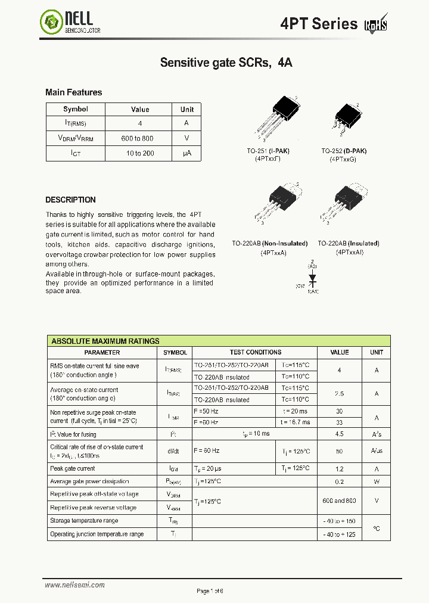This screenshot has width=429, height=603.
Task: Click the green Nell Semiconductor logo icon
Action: tap(51, 23)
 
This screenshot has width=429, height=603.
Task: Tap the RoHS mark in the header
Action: tap(376, 24)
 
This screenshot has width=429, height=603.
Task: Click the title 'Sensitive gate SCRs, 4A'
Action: tap(226, 62)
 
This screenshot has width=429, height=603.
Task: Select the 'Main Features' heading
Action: tap(73, 92)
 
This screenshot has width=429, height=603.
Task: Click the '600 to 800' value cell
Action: tap(137, 138)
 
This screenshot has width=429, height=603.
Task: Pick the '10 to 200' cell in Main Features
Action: tap(139, 153)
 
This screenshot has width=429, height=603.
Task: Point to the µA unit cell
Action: tap(186, 153)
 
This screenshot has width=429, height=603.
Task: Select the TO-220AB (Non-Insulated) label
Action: tap(270, 243)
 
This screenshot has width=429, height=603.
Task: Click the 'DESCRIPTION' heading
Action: tap(70, 200)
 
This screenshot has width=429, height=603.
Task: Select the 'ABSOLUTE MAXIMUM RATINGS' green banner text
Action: tap(105, 341)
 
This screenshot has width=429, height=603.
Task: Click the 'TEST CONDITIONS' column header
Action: tap(256, 352)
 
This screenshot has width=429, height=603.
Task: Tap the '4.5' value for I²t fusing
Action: tap(339, 434)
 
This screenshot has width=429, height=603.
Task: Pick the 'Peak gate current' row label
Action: tap(73, 469)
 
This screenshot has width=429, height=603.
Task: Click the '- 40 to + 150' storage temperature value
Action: tap(339, 521)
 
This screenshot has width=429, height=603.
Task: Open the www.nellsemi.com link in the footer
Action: tap(74, 585)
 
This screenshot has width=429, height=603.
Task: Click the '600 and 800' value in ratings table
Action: tap(339, 501)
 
